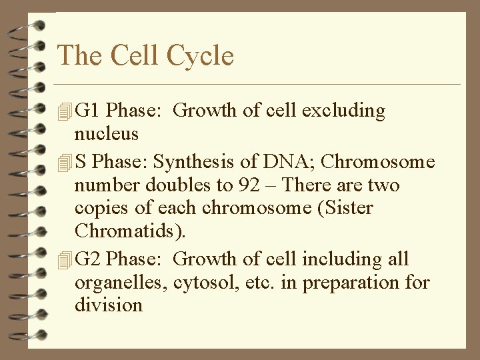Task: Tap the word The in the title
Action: click(80, 55)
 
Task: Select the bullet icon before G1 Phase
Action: click(64, 111)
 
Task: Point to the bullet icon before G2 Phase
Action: click(64, 260)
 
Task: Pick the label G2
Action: click(89, 259)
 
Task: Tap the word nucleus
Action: click(107, 135)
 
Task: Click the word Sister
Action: click(349, 208)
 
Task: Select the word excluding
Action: click(344, 111)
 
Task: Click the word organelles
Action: click(120, 283)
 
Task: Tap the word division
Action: click(109, 305)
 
